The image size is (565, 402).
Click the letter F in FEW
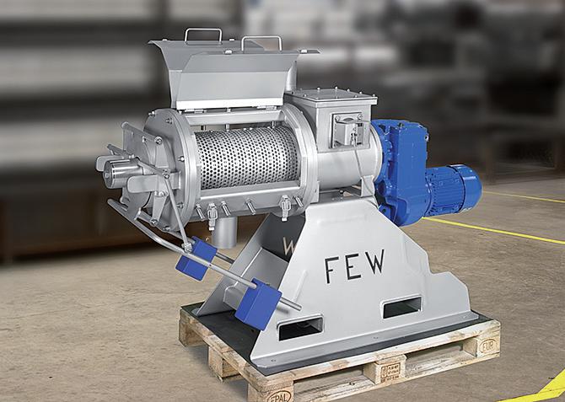coord(332,270)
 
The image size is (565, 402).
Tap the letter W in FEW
coord(374,261)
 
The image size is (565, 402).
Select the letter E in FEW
coord(352,265)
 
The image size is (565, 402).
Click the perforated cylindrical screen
coord(247,158)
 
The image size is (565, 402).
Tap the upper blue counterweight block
coord(196,258)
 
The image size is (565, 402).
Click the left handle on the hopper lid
coord(203,32)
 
